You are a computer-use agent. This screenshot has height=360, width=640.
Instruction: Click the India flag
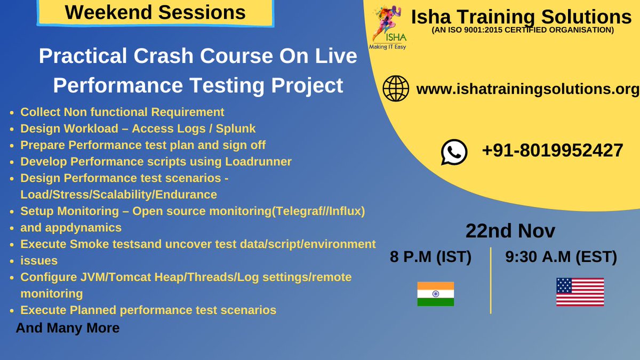[x=435, y=294]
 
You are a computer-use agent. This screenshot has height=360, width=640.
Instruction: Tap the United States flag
[x=580, y=292]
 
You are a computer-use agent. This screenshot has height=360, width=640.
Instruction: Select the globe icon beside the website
[x=396, y=89]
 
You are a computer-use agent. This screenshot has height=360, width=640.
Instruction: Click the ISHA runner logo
[x=388, y=27]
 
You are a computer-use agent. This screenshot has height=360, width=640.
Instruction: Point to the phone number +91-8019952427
[x=553, y=150]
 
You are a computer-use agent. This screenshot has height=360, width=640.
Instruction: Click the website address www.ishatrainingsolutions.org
[x=527, y=89]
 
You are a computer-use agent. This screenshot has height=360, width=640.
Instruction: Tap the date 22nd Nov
[x=510, y=230]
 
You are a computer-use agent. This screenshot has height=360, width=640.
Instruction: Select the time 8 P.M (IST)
[x=430, y=257]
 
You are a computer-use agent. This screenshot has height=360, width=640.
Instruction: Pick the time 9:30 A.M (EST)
[x=561, y=257]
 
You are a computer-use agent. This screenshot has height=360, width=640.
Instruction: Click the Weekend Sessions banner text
[x=155, y=12]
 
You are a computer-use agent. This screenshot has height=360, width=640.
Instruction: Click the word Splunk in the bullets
[x=236, y=129]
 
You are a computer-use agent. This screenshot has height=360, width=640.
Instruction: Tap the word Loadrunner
[x=258, y=162]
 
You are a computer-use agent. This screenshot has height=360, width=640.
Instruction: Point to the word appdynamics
[x=71, y=228]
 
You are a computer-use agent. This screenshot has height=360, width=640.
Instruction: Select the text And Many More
[x=67, y=328]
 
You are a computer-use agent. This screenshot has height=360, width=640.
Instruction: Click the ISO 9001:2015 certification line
[x=523, y=30]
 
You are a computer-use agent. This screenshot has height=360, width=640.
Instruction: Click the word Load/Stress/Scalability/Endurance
[x=118, y=195]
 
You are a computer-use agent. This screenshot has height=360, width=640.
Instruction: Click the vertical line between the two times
[x=491, y=281]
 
